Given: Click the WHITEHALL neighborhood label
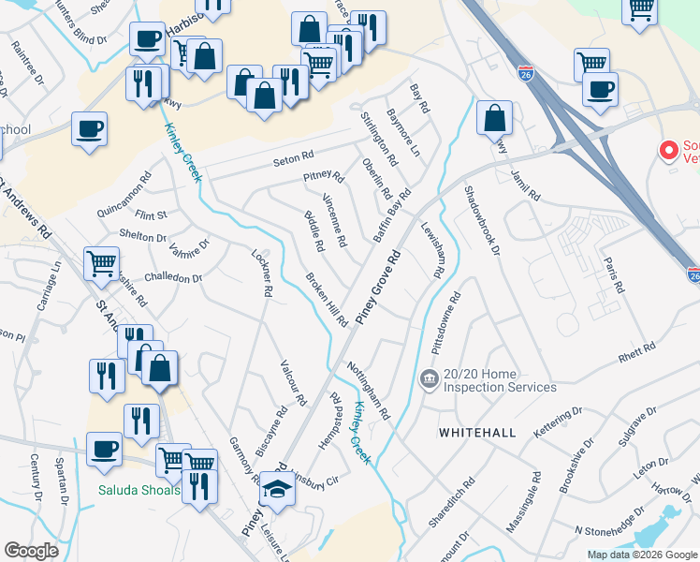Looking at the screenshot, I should click(x=477, y=432).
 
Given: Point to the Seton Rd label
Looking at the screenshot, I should click(x=293, y=160).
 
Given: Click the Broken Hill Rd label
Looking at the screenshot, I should click(x=327, y=299).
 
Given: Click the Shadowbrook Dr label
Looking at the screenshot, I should click(x=483, y=220).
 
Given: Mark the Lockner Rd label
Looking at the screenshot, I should click(x=261, y=273).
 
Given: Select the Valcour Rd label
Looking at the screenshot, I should click(x=294, y=383).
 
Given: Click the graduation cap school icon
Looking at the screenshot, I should click(x=277, y=489).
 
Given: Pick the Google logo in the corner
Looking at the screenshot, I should click(x=32, y=551).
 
